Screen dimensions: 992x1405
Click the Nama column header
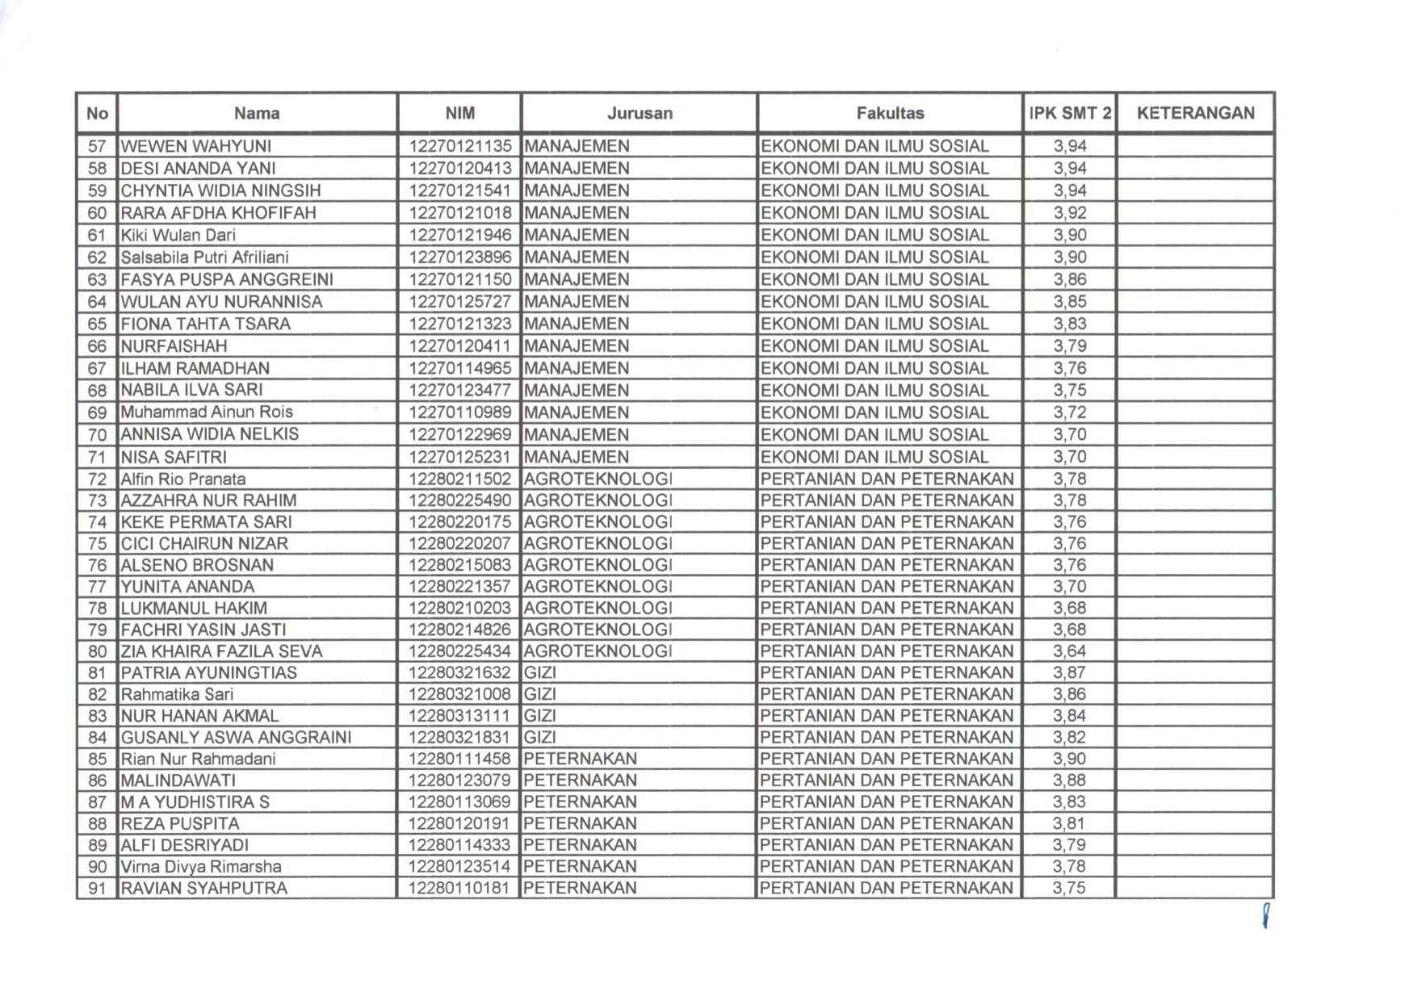click(257, 113)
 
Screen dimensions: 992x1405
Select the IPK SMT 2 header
click(1069, 113)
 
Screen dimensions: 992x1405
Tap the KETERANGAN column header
click(1195, 113)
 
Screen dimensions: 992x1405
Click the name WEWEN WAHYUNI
click(195, 146)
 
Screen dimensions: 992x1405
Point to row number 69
click(97, 412)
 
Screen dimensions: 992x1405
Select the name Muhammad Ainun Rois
click(207, 412)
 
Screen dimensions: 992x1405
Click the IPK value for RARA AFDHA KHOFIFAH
click(1069, 213)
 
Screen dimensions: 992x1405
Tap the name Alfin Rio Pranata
click(183, 479)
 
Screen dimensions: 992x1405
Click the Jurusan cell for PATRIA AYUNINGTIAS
click(540, 672)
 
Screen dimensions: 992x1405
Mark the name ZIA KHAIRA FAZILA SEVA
click(221, 651)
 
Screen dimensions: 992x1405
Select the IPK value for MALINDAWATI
click(1069, 781)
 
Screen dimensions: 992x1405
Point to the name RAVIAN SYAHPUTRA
click(203, 888)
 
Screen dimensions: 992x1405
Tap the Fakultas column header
click(890, 113)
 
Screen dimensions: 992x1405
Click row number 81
click(97, 673)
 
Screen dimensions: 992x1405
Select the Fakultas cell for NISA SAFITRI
click(874, 457)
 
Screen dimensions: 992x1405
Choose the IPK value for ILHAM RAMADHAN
click(1069, 368)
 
